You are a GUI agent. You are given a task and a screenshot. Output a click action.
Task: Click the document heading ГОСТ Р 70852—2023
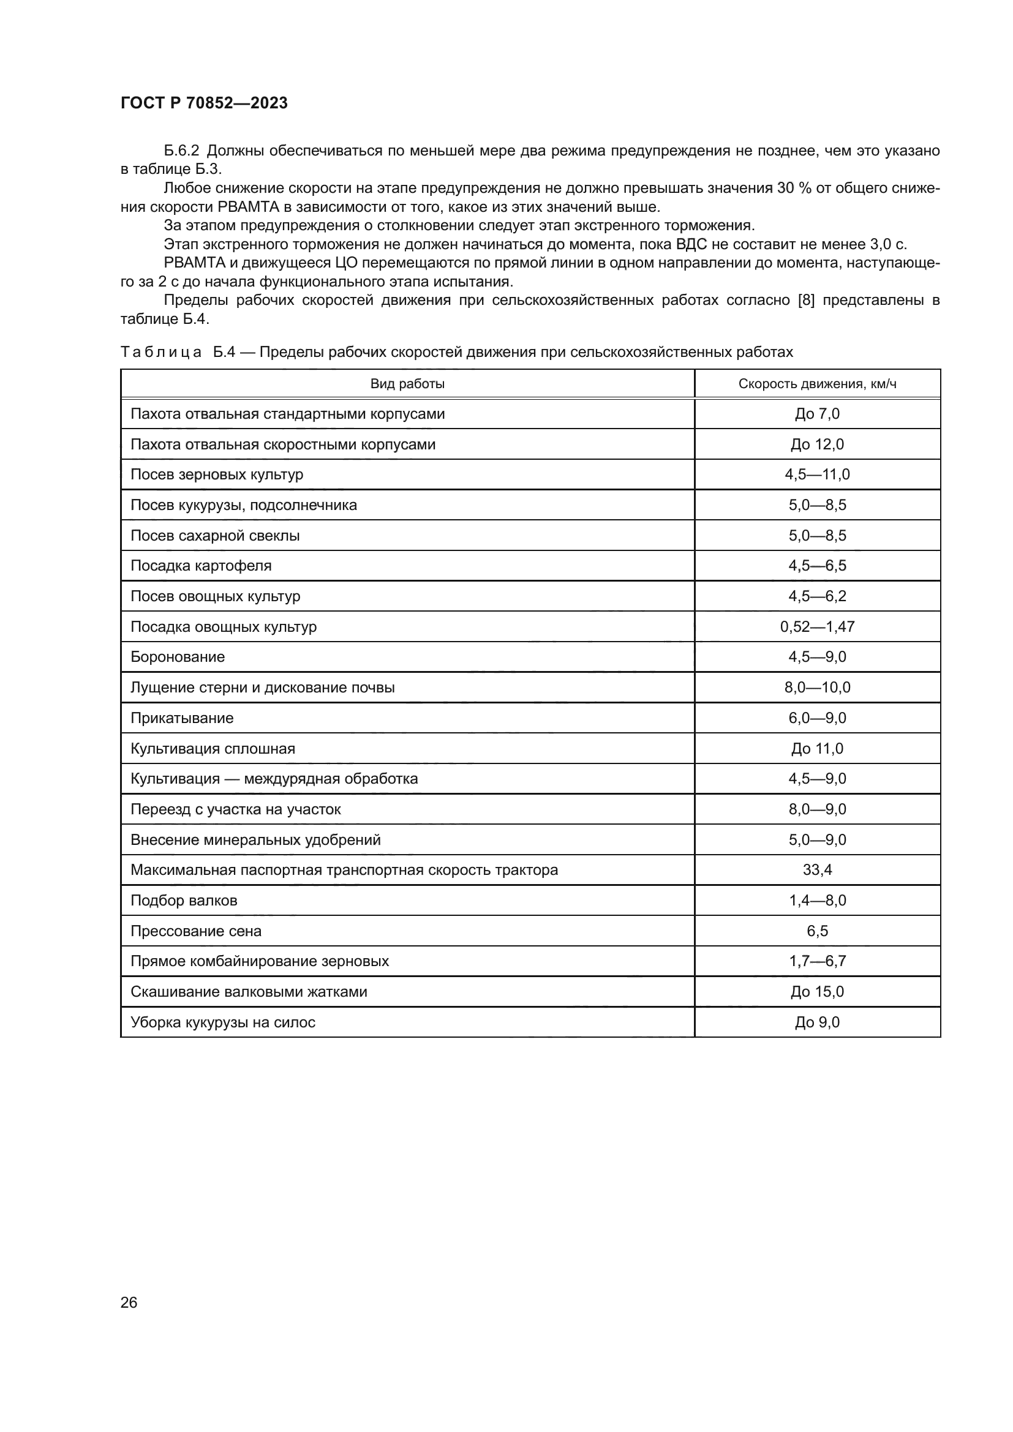click(x=204, y=103)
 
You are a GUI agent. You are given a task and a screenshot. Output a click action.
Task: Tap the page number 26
click(x=129, y=1302)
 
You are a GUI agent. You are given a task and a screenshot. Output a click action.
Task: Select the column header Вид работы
click(x=407, y=384)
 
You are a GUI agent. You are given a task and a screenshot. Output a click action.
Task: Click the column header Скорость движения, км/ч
click(x=817, y=384)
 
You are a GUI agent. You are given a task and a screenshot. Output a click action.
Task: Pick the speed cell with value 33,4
click(x=817, y=870)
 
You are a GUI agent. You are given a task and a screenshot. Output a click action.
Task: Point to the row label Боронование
click(x=178, y=657)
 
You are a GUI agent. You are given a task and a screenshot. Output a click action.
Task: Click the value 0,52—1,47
click(x=817, y=627)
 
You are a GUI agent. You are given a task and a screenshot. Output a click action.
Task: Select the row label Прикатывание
click(x=182, y=718)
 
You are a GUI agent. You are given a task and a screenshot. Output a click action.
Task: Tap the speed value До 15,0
click(x=817, y=992)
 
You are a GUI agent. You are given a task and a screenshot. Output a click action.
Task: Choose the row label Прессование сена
click(x=196, y=931)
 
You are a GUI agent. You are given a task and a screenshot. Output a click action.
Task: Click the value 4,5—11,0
click(x=817, y=474)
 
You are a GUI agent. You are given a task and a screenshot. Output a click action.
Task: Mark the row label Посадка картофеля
click(x=201, y=566)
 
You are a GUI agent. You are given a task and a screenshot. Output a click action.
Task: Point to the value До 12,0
click(x=817, y=444)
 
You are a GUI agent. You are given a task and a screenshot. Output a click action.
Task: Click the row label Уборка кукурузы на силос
click(x=223, y=1022)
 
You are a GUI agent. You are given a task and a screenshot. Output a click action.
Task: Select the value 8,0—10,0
click(x=817, y=688)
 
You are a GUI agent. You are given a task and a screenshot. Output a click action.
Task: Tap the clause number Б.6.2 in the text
click(x=181, y=151)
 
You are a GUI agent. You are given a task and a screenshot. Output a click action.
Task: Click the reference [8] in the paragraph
click(x=807, y=301)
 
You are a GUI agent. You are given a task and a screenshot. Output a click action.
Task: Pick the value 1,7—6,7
click(x=817, y=961)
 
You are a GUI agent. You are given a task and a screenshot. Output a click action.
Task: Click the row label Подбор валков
click(x=184, y=901)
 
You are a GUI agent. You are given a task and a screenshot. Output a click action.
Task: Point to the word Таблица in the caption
click(x=161, y=353)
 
